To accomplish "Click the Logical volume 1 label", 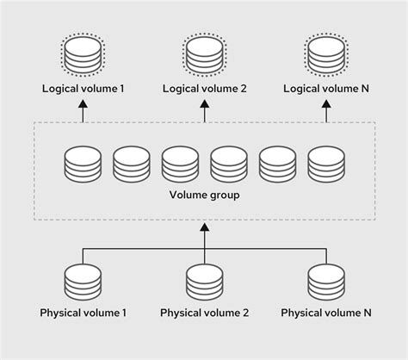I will (x=83, y=90).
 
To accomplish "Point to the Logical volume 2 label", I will (x=204, y=90).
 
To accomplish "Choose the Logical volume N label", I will (x=327, y=90).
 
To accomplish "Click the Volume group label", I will (x=204, y=196).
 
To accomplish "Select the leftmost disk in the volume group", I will (x=82, y=164).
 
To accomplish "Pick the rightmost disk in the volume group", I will (x=326, y=164).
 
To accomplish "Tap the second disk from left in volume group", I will (x=131, y=164).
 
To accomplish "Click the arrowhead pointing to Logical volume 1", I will (x=83, y=105).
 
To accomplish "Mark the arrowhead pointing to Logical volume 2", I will (x=204, y=105).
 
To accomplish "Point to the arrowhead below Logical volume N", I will (x=327, y=105).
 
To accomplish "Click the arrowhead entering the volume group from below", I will (x=204, y=228).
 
